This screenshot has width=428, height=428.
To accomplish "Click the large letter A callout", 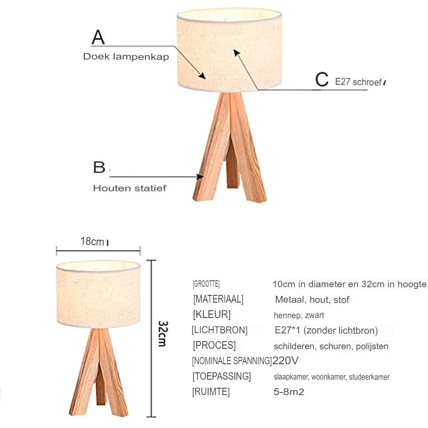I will [98, 37].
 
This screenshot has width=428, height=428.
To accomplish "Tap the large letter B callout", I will [99, 167].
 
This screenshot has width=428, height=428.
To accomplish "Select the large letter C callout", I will [321, 80].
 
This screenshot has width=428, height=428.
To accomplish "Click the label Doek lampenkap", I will [126, 56].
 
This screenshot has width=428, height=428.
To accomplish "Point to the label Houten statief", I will [130, 188].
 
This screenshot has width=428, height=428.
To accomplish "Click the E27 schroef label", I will [358, 82].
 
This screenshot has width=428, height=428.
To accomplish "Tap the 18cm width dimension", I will [92, 241].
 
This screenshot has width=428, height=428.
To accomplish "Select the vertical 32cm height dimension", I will [162, 333].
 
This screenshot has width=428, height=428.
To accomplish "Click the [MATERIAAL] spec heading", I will [218, 299].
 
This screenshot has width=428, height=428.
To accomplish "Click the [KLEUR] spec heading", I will [211, 315].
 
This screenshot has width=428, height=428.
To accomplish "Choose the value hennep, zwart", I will [299, 315].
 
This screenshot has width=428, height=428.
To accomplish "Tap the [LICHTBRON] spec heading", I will [220, 330].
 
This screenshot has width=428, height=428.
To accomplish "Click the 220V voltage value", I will [285, 360].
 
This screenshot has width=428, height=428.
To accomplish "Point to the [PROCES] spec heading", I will [214, 345].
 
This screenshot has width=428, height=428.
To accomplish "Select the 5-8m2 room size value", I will [289, 392].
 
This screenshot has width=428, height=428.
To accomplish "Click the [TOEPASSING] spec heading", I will [222, 377].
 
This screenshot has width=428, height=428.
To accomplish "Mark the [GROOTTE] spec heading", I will [206, 284].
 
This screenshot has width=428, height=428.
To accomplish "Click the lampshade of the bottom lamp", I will [98, 293].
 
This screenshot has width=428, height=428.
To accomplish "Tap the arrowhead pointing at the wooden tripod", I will [200, 176].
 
